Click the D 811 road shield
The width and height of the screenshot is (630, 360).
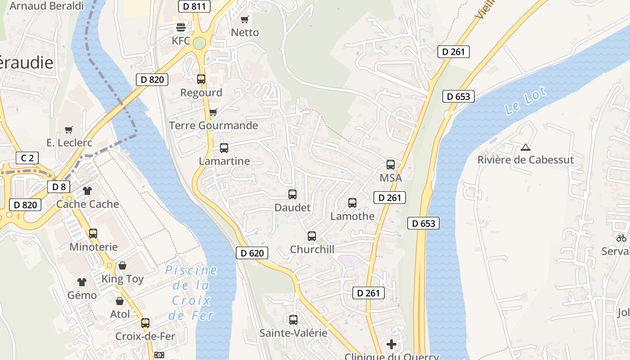click(194, 6)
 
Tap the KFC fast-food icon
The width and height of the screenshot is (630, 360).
click(181, 27)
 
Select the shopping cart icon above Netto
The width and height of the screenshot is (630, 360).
click(244, 19)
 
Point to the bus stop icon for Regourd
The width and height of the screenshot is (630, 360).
click(201, 79)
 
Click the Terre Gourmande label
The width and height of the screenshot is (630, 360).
click(213, 125)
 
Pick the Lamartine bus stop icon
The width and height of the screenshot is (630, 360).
click(224, 148)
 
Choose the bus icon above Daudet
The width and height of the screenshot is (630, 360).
click(292, 194)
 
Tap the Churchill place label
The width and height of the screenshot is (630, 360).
click(312, 249)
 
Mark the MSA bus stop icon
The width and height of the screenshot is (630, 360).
click(391, 165)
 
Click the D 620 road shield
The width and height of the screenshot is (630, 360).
click(252, 253)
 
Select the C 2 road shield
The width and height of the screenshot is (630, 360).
click(27, 158)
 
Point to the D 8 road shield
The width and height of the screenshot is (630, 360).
click(59, 187)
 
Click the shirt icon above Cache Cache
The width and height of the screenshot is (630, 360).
click(87, 191)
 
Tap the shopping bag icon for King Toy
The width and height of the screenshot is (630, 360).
click(122, 265)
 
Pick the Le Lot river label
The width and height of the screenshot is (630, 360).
click(525, 101)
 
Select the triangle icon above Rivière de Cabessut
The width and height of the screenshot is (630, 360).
click(525, 147)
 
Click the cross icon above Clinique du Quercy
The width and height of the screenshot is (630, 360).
click(391, 345)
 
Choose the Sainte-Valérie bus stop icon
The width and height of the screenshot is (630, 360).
click(293, 320)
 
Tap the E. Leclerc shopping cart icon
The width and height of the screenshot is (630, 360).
click(69, 130)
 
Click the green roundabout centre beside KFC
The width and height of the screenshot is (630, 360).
click(199, 43)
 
